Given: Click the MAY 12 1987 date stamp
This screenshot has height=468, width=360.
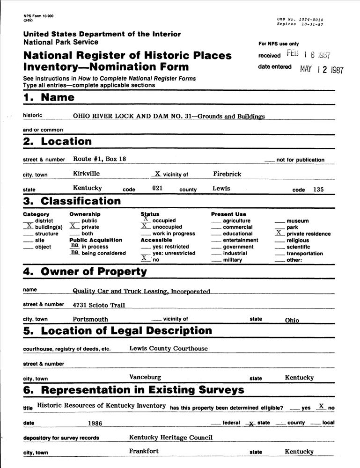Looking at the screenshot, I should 322,70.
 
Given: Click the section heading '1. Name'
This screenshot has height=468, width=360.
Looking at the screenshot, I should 49,98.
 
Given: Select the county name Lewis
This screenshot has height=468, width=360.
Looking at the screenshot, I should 221,188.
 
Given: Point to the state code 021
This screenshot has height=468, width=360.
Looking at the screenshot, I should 157,188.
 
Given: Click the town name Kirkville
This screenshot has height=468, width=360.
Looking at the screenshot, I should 86,174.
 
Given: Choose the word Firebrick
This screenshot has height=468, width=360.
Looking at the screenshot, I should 227,174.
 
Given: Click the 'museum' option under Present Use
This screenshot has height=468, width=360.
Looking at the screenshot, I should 297,220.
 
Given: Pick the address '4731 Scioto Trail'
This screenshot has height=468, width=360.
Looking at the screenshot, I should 99,305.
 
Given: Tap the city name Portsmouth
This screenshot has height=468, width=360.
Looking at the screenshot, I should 90,319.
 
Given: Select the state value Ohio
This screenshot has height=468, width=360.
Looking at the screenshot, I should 292,321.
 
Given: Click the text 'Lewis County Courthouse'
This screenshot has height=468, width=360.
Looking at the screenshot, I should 169,348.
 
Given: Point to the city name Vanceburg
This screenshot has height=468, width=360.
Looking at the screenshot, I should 145,377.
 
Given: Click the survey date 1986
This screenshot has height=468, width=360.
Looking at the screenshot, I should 95,423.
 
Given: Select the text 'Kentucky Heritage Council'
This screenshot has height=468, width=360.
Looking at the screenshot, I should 171,437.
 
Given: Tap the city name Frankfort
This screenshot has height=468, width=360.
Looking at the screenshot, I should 144,451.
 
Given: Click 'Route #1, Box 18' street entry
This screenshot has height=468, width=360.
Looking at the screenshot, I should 99,159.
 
